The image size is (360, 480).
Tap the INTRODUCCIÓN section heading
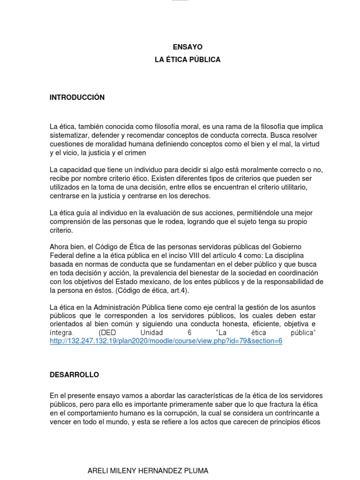pyautogui.click(x=77, y=97)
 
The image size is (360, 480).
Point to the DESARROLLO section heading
pyautogui.click(x=75, y=375)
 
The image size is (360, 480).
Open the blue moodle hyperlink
pyautogui.click(x=166, y=341)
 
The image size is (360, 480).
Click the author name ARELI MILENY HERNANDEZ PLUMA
pyautogui.click(x=148, y=471)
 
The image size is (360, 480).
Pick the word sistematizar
pyautogui.click(x=69, y=135)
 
